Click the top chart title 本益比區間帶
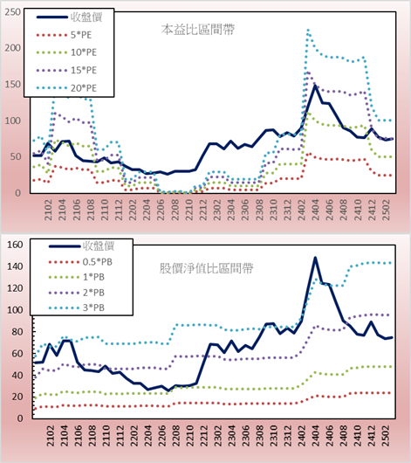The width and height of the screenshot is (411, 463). tap(198, 30)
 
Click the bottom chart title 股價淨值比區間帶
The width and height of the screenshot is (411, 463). tap(207, 268)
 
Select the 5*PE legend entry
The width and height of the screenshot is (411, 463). tap(64, 35)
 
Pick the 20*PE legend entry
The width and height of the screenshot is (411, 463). tap(66, 88)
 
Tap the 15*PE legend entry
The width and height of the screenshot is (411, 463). tap(66, 70)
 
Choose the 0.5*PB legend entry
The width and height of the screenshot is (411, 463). tap(80, 262)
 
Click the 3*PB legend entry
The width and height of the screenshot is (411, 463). tap(77, 308)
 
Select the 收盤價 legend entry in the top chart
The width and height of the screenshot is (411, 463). tap(69, 17)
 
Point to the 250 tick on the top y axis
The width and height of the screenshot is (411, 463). tap(13, 12)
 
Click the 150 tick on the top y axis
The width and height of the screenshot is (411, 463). tap(13, 85)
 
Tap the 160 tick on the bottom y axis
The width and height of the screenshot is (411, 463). tap(15, 245)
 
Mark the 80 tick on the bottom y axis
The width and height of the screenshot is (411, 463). tap(17, 332)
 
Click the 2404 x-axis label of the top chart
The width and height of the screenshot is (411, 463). tap(315, 210)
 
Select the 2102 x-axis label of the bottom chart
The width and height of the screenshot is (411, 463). tap(51, 436)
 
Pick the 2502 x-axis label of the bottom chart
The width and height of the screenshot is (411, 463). tap(386, 436)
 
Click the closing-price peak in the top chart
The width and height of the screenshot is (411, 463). tap(315, 86)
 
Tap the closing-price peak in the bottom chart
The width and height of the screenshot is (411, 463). tap(315, 258)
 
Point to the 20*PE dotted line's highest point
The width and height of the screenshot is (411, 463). tap(308, 30)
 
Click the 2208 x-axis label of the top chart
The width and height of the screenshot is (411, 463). tap(175, 210)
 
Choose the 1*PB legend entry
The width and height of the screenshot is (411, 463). tap(77, 277)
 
